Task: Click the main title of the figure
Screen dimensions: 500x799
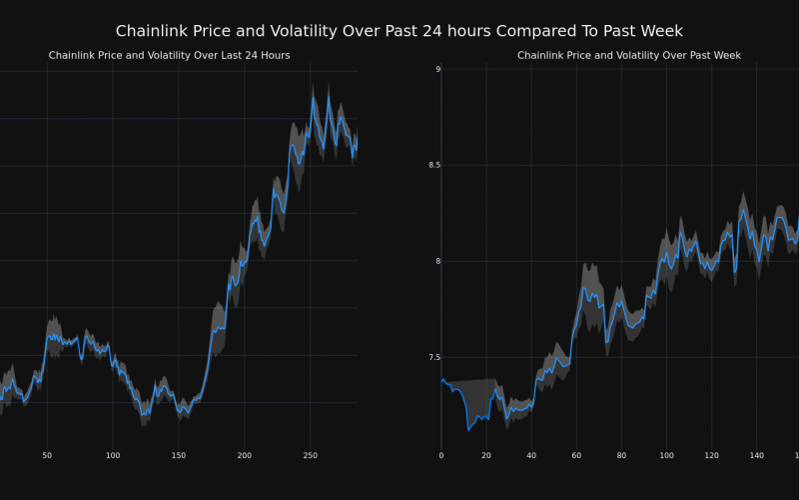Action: click(399, 31)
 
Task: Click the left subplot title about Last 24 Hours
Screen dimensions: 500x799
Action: click(169, 55)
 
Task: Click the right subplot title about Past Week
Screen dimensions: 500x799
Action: click(629, 55)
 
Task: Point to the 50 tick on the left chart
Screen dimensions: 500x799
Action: click(47, 456)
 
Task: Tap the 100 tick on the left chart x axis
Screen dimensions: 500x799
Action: click(112, 456)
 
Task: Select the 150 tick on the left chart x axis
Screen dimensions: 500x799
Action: click(178, 456)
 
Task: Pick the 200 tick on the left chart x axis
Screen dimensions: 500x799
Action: click(244, 456)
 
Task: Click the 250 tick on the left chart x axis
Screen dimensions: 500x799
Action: click(310, 456)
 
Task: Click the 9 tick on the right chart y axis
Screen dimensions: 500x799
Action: click(436, 69)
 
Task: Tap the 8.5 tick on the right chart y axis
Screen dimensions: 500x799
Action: click(431, 165)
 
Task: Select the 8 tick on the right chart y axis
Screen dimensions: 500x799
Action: click(436, 261)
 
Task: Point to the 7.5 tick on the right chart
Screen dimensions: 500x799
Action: click(431, 357)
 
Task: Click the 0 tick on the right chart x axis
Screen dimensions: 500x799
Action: click(441, 456)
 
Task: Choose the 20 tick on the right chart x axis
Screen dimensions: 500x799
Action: click(486, 456)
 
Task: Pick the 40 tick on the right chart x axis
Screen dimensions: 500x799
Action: click(531, 456)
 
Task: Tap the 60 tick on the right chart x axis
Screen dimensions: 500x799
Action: click(576, 456)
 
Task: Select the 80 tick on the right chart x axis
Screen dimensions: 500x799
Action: click(621, 456)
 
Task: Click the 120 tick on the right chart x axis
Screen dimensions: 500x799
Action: click(711, 456)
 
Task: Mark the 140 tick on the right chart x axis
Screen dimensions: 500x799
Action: click(756, 456)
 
